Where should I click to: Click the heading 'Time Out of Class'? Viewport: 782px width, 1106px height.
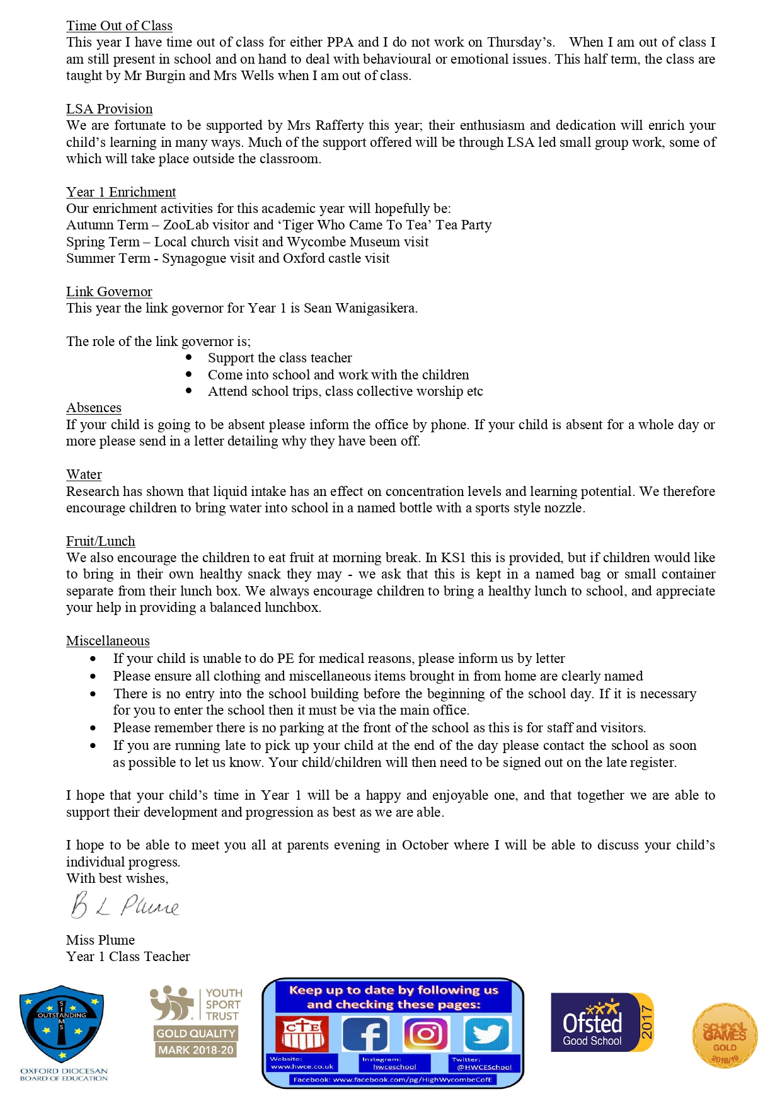[119, 26]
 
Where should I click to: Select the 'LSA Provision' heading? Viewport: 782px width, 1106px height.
[109, 109]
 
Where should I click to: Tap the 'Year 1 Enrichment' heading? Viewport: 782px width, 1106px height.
[121, 192]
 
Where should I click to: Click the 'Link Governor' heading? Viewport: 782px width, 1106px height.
[109, 292]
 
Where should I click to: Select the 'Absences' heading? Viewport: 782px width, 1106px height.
[94, 408]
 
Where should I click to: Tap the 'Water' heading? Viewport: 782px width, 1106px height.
[84, 475]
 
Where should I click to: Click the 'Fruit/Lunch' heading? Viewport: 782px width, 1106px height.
[100, 541]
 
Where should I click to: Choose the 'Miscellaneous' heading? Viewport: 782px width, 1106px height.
[108, 641]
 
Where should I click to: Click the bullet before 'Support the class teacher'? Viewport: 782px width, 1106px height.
[188, 357]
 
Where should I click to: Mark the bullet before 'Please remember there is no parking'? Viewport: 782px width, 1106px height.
[93, 728]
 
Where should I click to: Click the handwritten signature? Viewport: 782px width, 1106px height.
[125, 906]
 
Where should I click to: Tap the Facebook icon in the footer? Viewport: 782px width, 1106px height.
[365, 1034]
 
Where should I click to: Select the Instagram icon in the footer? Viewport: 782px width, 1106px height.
[425, 1034]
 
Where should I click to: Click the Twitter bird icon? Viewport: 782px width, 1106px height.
[487, 1034]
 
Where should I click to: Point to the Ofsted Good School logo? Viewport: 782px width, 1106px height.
[602, 1022]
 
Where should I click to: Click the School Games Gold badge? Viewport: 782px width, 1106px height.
[725, 1035]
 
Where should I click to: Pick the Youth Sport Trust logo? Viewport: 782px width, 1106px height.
[195, 1021]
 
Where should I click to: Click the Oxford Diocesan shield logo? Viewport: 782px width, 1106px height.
[62, 1024]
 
